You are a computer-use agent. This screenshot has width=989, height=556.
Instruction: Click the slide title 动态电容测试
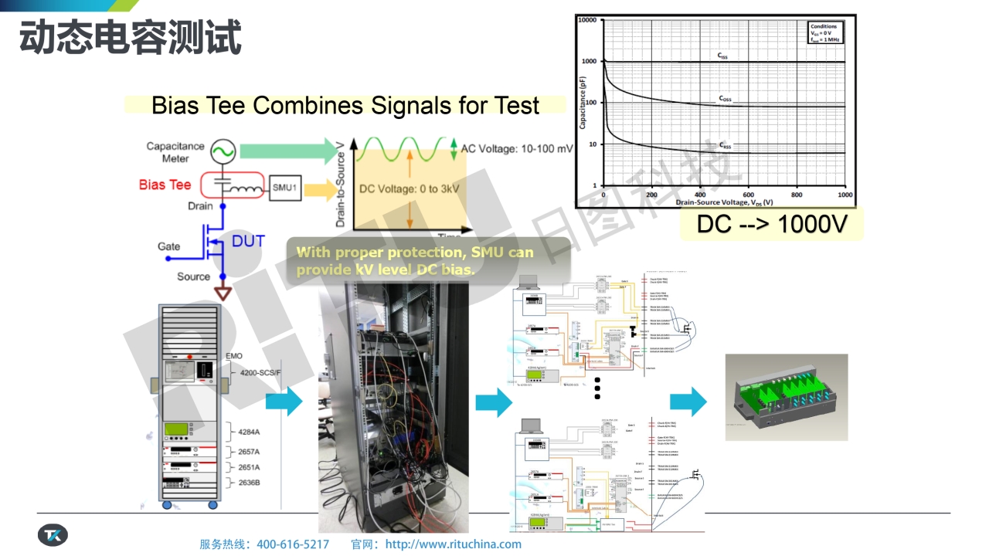pyautogui.click(x=131, y=37)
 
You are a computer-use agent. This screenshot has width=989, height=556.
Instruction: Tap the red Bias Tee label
pyautogui.click(x=165, y=185)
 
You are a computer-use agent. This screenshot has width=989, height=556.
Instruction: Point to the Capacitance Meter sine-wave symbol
pyautogui.click(x=223, y=151)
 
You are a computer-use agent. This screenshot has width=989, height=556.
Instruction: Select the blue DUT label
pyautogui.click(x=248, y=241)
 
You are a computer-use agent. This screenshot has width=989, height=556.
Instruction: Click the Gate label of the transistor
pyautogui.click(x=169, y=246)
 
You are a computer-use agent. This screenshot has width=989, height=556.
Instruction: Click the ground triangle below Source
pyautogui.click(x=224, y=294)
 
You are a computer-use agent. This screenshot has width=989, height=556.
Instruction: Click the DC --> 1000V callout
pyautogui.click(x=771, y=224)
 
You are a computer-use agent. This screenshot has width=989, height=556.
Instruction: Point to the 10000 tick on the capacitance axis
pyautogui.click(x=587, y=20)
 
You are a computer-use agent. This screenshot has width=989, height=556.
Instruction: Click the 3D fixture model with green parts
pyautogui.click(x=787, y=397)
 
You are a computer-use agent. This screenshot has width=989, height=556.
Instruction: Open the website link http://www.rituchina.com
pyautogui.click(x=453, y=544)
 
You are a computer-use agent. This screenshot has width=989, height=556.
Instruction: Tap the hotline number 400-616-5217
pyautogui.click(x=293, y=544)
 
